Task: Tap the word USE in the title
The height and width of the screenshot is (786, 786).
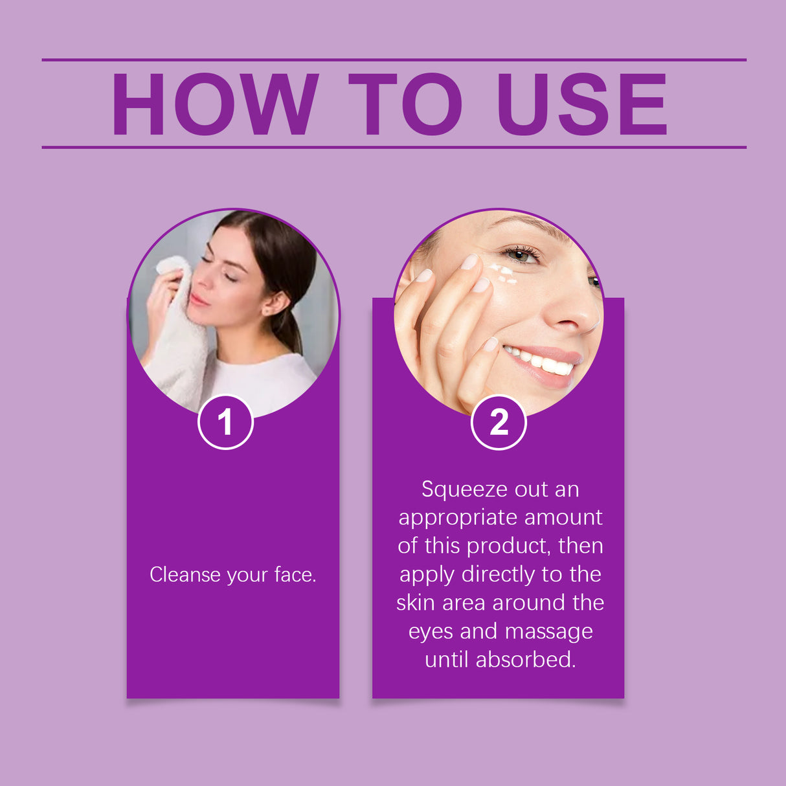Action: point(581,104)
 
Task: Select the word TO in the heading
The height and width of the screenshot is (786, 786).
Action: point(405,104)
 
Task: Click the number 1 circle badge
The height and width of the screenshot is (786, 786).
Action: point(225,422)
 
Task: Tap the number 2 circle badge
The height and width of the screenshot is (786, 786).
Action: point(499,422)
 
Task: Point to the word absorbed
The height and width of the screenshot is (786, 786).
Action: point(525,660)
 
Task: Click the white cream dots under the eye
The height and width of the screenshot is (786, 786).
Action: point(502,273)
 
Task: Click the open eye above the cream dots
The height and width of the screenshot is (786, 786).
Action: point(521,254)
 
